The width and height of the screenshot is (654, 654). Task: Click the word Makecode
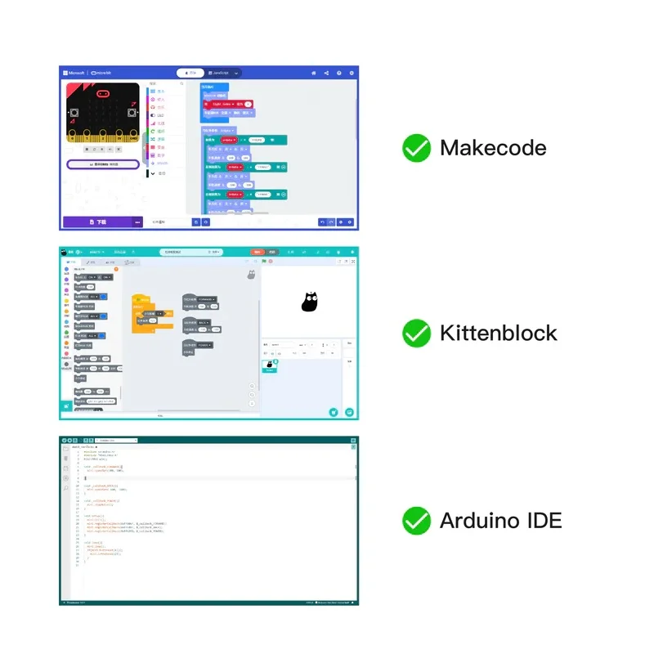493,148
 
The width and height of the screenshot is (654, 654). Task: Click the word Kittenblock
498,333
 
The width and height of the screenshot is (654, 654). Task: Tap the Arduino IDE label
501,520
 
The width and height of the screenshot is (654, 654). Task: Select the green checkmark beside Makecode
417,148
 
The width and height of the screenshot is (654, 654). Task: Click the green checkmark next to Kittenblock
417,333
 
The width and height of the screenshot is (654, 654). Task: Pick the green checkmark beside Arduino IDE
417,520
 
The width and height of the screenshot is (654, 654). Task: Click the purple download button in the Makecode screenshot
98,222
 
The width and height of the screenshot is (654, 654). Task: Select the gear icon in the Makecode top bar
352,73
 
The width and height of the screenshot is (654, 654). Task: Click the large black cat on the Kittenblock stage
309,302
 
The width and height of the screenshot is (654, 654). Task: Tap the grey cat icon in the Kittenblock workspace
251,275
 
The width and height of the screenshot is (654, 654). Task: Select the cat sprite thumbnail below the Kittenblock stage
270,365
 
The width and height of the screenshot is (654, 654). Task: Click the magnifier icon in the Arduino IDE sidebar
66,488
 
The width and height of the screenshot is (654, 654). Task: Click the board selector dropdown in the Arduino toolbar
114,441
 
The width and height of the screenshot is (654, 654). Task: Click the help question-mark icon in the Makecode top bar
339,73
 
